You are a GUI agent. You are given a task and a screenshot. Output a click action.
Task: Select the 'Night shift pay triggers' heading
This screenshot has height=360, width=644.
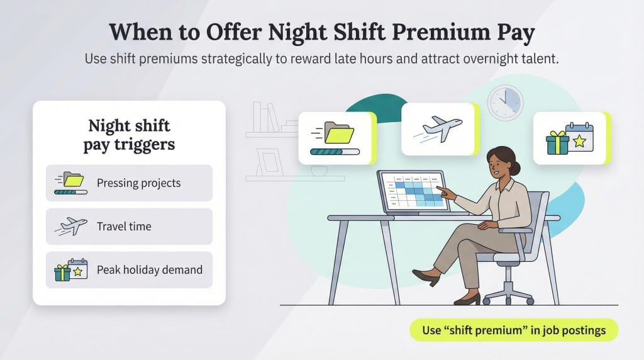tap(129, 135)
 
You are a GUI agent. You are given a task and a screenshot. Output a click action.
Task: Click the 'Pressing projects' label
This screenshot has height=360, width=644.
tap(138, 183)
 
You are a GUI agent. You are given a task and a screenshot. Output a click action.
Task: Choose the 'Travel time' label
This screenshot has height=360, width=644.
tap(124, 227)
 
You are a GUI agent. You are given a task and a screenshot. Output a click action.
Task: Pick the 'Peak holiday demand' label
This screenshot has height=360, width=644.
tap(149, 270)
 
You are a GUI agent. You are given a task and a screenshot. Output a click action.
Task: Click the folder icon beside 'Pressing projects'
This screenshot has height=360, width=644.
tap(70, 181)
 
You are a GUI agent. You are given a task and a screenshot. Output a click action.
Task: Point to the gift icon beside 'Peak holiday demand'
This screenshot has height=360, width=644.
tap(62, 272)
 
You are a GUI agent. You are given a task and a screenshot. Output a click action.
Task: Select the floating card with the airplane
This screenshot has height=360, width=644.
tap(440, 129)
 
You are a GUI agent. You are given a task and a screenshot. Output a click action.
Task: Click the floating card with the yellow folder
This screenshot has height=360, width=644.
tap(336, 138)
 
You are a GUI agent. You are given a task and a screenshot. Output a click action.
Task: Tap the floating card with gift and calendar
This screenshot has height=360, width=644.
tap(571, 138)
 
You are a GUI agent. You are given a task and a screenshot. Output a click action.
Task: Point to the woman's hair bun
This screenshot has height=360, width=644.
tap(516, 167)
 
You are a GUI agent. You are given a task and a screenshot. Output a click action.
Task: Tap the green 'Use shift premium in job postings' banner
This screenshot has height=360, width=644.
tap(514, 330)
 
